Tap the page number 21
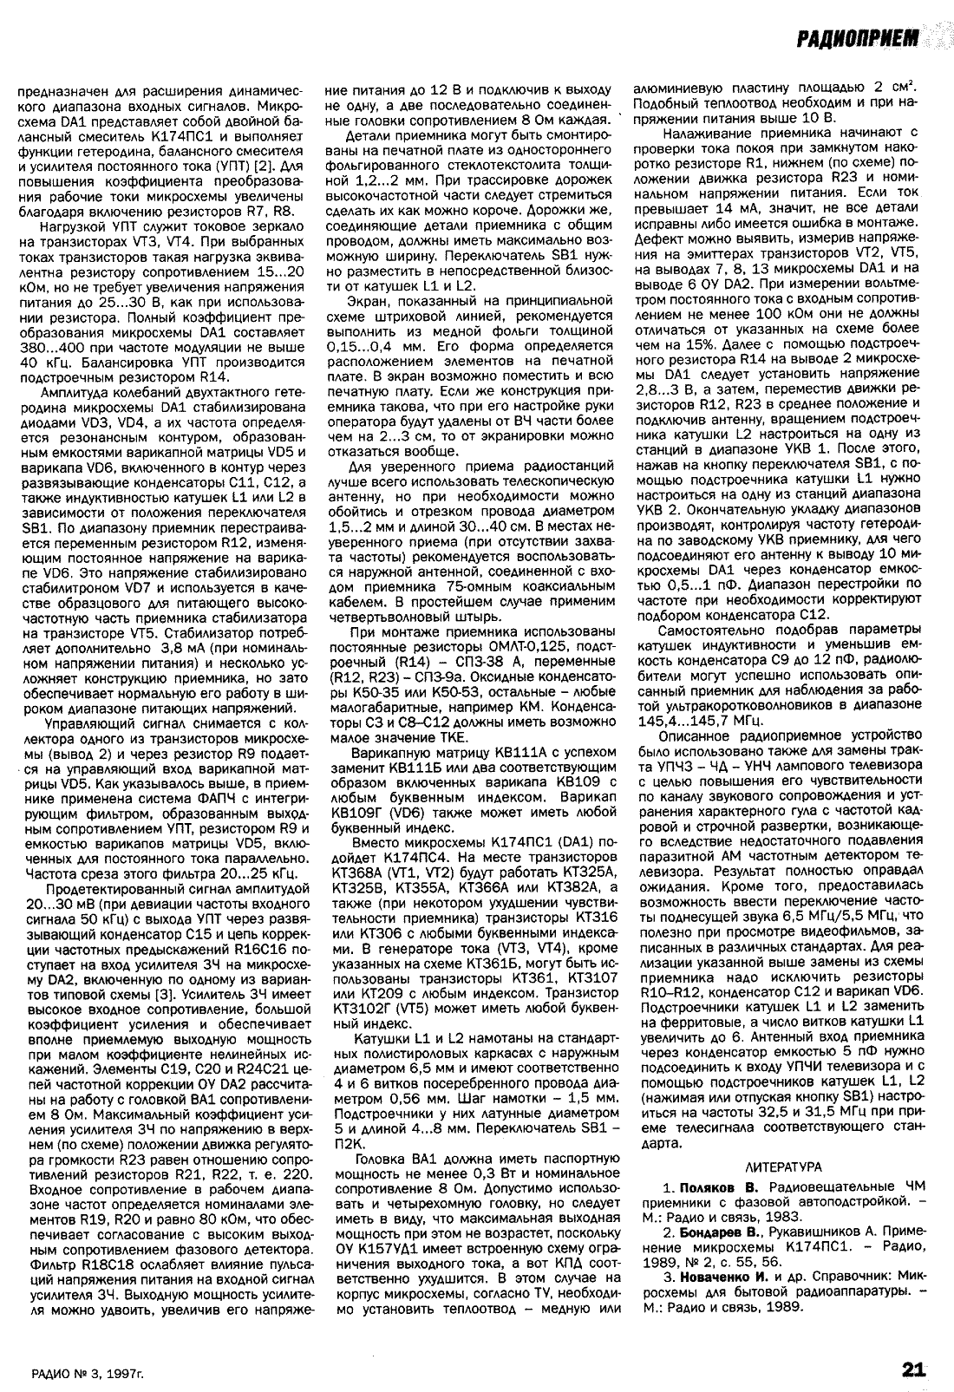pyautogui.click(x=913, y=1369)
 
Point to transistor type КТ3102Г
pyautogui.click(x=356, y=1008)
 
